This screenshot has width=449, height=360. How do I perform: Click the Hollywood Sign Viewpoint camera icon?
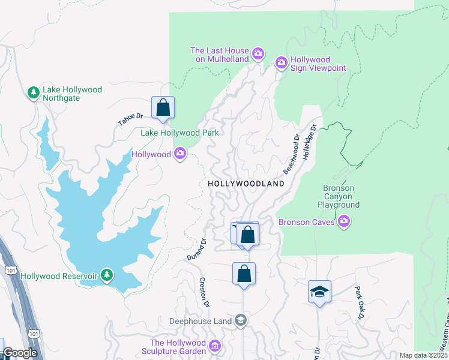pyautogui.click(x=281, y=62)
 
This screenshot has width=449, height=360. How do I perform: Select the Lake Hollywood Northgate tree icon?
pyautogui.click(x=34, y=92)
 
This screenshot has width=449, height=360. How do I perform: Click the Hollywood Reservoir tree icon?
pyautogui.click(x=107, y=275)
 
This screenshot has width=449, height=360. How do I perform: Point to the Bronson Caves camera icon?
pyautogui.click(x=344, y=222)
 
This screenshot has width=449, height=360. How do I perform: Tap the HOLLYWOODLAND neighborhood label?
pyautogui.click(x=246, y=184)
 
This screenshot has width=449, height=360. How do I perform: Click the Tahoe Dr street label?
pyautogui.click(x=130, y=119)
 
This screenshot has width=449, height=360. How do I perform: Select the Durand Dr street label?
pyautogui.click(x=196, y=250)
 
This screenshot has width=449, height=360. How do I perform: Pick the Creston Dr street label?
pyautogui.click(x=204, y=292)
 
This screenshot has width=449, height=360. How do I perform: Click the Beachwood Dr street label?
pyautogui.click(x=291, y=154)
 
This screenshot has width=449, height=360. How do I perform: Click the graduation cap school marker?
pyautogui.click(x=319, y=292)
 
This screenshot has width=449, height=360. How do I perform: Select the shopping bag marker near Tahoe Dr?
pyautogui.click(x=163, y=108)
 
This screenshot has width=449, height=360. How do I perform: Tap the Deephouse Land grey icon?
pyautogui.click(x=240, y=320)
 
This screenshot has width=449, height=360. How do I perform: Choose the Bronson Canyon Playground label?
pyautogui.click(x=339, y=196)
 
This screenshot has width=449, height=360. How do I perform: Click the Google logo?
pyautogui.click(x=19, y=353)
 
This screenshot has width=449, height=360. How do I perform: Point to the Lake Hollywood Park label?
pyautogui.click(x=179, y=133)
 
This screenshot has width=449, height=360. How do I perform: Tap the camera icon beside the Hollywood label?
pyautogui.click(x=180, y=154)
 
